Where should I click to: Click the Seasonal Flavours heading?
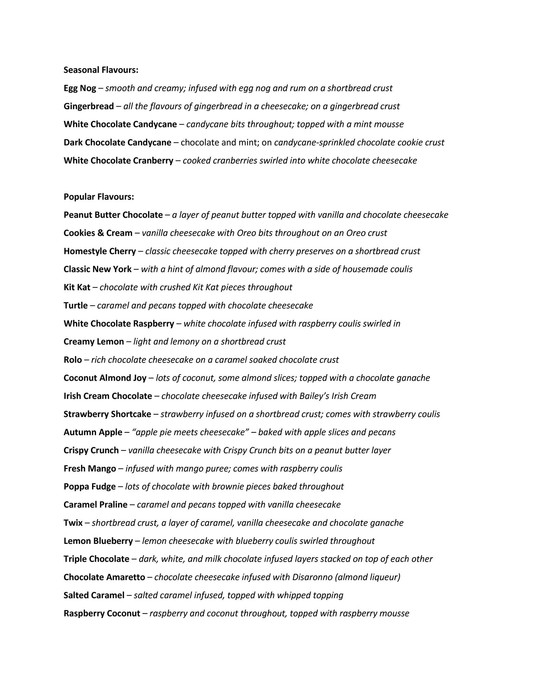point(101,70)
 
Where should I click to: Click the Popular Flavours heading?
point(98,197)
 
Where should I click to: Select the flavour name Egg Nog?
point(80,89)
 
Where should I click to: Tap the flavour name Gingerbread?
point(89,107)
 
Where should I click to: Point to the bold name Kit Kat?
point(77,287)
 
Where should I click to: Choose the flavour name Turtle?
point(76,305)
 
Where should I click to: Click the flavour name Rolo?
point(72,360)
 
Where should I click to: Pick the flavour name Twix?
point(73,523)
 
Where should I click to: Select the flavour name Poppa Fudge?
point(90,486)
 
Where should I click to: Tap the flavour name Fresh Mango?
point(90,468)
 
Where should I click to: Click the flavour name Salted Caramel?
point(94,595)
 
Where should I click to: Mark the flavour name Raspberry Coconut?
point(102,613)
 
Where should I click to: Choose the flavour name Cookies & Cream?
point(98,233)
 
